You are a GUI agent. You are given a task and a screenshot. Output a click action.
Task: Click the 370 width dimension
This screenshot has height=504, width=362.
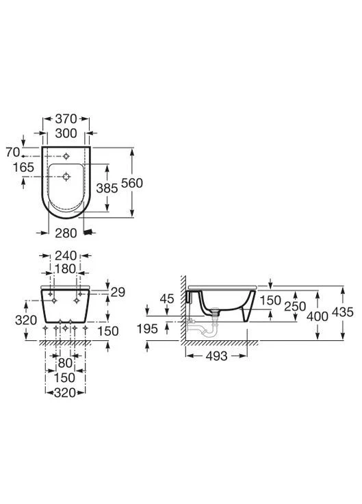(x=66, y=119)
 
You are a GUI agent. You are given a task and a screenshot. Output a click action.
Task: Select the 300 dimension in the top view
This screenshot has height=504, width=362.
(x=66, y=133)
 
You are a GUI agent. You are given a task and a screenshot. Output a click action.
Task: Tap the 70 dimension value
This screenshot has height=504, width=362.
(x=13, y=152)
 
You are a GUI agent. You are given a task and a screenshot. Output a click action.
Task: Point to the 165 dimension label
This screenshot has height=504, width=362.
(x=23, y=167)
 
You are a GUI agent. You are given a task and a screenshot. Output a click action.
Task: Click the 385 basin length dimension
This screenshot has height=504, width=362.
(x=107, y=188)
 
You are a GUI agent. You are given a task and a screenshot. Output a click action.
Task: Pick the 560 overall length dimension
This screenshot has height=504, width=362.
(x=132, y=183)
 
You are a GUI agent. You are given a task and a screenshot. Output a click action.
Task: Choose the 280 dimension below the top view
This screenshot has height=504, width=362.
(x=66, y=233)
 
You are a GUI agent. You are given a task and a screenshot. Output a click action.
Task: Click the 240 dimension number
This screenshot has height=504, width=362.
(x=66, y=255)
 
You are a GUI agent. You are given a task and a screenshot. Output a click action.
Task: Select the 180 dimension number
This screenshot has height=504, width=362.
(x=65, y=268)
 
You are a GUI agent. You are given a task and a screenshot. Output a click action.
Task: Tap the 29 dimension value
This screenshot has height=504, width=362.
(x=118, y=292)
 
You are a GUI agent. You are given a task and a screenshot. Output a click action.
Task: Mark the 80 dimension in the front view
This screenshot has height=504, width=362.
(x=65, y=363)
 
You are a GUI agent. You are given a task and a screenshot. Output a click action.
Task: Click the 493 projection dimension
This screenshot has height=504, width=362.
(x=216, y=356)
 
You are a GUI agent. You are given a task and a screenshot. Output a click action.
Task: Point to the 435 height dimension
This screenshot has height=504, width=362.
(x=343, y=312)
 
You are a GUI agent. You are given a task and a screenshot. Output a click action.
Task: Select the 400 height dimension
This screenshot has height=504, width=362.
(x=318, y=316)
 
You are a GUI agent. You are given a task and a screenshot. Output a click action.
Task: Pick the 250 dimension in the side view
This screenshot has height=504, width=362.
(x=295, y=306)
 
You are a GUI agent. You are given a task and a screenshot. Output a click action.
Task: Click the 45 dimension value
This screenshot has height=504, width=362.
(x=167, y=299)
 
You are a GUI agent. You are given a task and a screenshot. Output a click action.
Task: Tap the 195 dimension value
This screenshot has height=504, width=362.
(x=147, y=329)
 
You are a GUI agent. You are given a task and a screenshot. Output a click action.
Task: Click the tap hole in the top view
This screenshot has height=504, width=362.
(x=66, y=156)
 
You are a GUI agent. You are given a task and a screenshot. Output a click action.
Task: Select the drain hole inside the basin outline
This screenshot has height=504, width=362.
(x=66, y=177)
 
